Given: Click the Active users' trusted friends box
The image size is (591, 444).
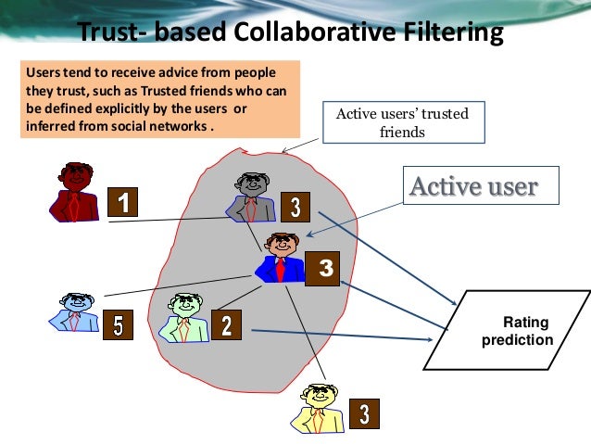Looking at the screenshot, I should pyautogui.click(x=402, y=122).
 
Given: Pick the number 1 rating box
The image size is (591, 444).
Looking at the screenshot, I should pyautogui.click(x=122, y=201).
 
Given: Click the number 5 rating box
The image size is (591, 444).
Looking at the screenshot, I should pyautogui.click(x=117, y=324).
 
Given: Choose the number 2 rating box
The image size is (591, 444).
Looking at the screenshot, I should pyautogui.click(x=226, y=324).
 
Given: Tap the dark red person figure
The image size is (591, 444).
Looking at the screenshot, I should pyautogui.click(x=74, y=191).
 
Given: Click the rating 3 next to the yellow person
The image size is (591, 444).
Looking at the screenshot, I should pyautogui.click(x=366, y=413).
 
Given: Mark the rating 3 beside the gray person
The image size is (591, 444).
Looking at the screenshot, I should pyautogui.click(x=295, y=207).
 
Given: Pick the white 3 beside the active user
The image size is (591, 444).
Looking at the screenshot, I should pyautogui.click(x=324, y=270).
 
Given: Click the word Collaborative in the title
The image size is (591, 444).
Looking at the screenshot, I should pyautogui.click(x=310, y=33).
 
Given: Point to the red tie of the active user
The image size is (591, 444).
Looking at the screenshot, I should pyautogui.click(x=280, y=269).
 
